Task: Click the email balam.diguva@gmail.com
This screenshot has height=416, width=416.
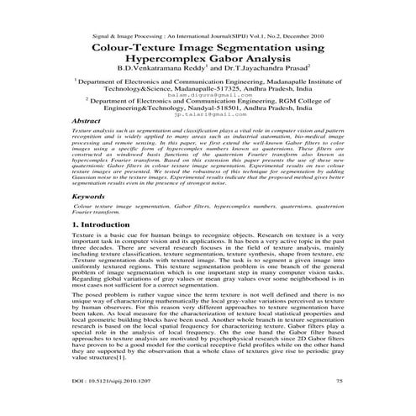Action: point(207,108)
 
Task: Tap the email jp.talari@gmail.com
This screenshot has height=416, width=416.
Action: point(208,136)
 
